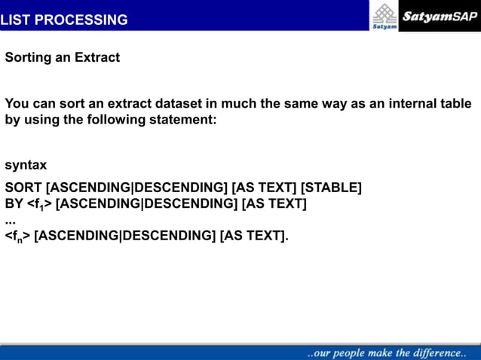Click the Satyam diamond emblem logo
[x=384, y=14]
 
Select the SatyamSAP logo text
[x=440, y=16]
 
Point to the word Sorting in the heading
[x=28, y=57]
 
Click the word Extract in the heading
[x=97, y=57]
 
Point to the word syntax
[x=26, y=165]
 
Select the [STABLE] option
[x=331, y=188]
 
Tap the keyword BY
[x=14, y=203]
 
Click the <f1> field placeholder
[x=39, y=204]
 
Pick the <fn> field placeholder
[x=17, y=236]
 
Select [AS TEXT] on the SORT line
[x=264, y=188]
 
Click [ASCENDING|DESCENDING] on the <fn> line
[x=124, y=236]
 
